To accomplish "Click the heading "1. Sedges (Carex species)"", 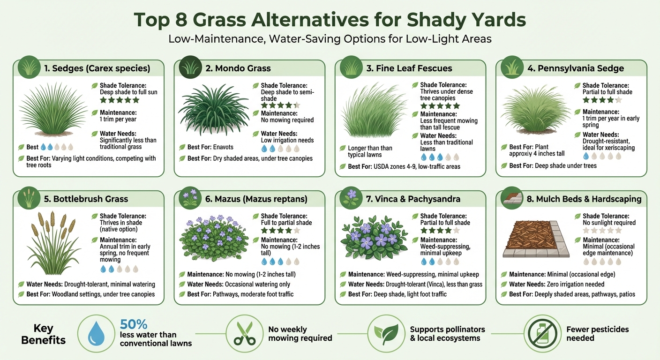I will [x=97, y=68].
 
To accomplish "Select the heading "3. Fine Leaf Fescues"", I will [x=409, y=68].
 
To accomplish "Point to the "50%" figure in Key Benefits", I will [x=134, y=324].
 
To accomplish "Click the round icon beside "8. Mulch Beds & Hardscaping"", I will [x=510, y=198].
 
